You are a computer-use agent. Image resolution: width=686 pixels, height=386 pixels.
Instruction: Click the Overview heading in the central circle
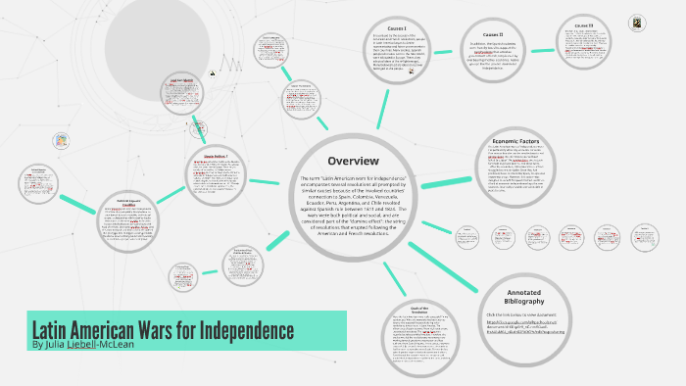click(353, 160)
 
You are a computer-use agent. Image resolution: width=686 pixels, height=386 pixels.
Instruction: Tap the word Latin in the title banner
click(54, 329)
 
